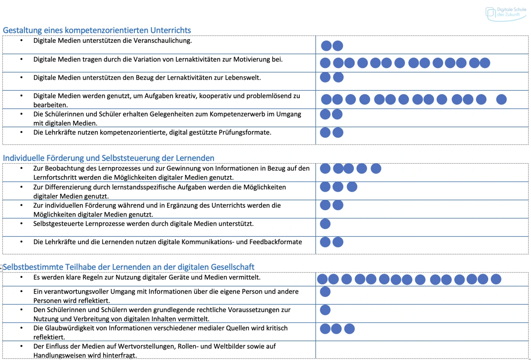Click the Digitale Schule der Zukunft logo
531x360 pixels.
506,13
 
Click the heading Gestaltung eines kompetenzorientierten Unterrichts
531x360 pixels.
97,30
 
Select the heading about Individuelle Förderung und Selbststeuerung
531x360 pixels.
108,158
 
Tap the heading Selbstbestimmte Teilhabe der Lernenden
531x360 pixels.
128,267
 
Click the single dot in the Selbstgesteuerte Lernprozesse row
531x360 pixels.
325,224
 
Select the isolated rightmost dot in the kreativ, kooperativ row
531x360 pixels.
502,99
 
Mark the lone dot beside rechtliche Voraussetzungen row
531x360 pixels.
325,310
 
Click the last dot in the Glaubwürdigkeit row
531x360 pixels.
349,329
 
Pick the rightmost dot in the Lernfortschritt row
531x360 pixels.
376,169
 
